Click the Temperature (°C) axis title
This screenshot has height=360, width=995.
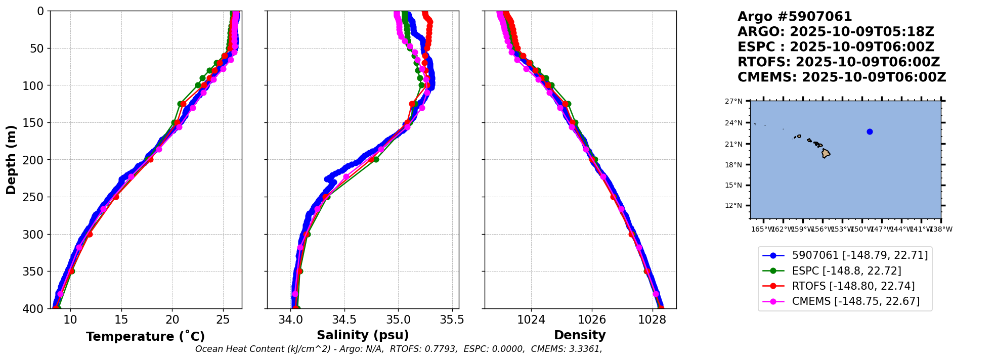(145, 336)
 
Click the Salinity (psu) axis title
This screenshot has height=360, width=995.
(363, 335)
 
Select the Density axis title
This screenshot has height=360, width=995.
(580, 335)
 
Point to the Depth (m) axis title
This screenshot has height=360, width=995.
(11, 159)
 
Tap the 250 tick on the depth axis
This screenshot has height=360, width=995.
(35, 197)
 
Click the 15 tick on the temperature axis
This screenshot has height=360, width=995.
(121, 320)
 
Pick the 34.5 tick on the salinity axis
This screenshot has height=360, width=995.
(344, 320)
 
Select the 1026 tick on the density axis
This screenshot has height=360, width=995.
(592, 320)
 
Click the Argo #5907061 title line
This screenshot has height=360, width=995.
(795, 17)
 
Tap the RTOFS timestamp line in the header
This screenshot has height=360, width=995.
(839, 62)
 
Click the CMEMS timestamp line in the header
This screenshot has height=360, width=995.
(842, 77)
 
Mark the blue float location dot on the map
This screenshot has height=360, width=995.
(870, 131)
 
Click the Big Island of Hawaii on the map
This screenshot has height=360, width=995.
(826, 153)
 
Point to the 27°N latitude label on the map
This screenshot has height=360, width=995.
(733, 101)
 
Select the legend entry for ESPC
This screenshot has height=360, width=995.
(846, 271)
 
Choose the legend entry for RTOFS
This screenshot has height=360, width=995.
(853, 286)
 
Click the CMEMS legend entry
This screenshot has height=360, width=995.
(855, 301)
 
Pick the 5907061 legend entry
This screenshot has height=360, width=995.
(859, 256)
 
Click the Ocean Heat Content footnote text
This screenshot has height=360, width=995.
(399, 349)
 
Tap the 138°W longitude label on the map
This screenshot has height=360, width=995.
(941, 229)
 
